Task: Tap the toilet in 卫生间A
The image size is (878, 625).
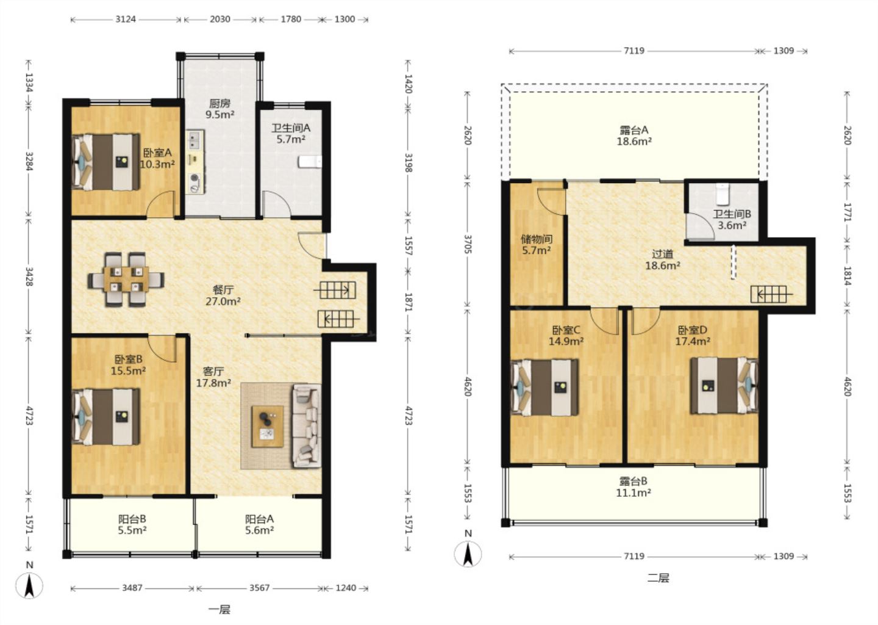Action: (x=310, y=162)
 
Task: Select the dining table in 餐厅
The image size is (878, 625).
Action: (x=126, y=280)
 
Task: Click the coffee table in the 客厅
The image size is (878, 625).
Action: (x=268, y=427)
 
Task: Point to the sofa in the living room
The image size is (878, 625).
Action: (x=307, y=426)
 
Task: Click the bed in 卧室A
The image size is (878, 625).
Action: (x=106, y=162)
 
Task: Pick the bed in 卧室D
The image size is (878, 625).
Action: (x=724, y=386)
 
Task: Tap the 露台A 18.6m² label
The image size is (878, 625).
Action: (x=634, y=135)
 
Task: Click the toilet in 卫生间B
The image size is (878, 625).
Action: (x=723, y=194)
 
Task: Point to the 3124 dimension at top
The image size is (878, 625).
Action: (x=126, y=19)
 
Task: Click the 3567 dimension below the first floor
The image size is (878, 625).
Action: (x=260, y=588)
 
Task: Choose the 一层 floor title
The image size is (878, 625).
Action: (x=220, y=610)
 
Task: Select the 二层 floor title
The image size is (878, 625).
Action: (x=658, y=578)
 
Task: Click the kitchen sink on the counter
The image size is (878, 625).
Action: (x=195, y=140)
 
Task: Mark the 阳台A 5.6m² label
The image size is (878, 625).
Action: (x=260, y=525)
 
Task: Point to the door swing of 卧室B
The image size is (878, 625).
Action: (x=162, y=349)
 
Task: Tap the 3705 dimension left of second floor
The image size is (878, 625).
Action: (x=467, y=244)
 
